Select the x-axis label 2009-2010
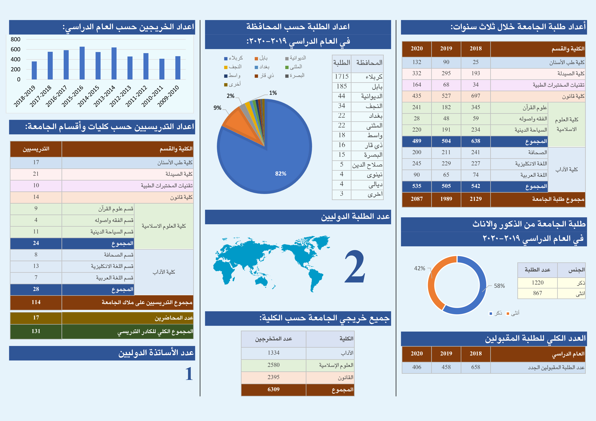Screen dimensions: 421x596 [168, 96]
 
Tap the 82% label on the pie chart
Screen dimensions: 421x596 [281, 173]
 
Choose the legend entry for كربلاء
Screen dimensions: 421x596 [234, 58]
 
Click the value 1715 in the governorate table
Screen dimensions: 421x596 [342, 77]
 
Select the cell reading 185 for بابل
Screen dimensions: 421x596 [342, 86]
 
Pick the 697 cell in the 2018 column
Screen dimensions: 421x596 [476, 96]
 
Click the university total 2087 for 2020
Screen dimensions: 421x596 [417, 199]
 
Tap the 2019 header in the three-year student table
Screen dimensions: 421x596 [446, 49]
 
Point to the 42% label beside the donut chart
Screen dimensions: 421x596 [419, 268]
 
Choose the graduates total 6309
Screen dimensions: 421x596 [273, 389]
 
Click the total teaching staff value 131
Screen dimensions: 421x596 [36, 331]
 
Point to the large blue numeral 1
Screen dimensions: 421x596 [189, 374]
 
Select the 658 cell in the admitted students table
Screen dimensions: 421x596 [476, 367]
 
